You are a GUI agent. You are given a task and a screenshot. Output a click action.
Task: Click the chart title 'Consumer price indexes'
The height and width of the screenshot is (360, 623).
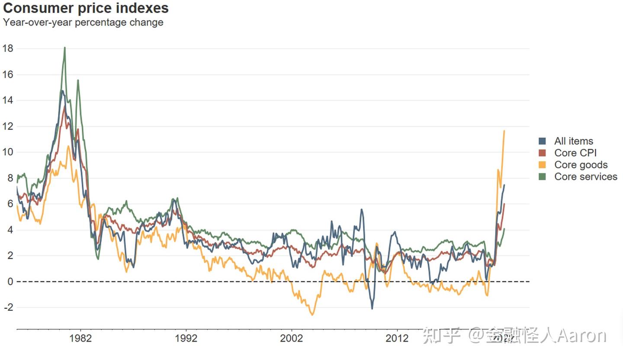(86, 8)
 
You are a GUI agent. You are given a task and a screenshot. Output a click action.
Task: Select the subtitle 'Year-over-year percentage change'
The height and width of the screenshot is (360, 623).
(83, 22)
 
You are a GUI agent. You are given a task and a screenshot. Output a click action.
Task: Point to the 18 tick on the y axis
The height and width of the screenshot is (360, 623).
(8, 48)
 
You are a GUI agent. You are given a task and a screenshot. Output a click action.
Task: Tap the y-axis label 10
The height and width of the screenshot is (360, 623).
(8, 152)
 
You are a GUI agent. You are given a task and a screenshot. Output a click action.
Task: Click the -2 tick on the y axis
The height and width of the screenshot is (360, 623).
(9, 307)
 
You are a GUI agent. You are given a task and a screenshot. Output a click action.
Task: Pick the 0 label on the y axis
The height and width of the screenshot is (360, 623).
(10, 282)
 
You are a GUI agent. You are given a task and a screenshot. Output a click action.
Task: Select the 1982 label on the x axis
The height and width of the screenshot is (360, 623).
(80, 338)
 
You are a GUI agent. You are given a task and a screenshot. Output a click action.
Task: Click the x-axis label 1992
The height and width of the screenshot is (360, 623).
(186, 338)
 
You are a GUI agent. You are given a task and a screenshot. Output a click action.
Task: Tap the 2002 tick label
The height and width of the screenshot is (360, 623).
(292, 338)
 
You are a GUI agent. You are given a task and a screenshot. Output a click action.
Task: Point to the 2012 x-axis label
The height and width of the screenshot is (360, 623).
(397, 338)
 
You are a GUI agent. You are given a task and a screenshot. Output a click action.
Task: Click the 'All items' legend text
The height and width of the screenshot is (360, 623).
(573, 141)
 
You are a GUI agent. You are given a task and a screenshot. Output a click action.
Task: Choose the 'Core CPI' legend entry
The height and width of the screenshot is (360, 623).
(575, 153)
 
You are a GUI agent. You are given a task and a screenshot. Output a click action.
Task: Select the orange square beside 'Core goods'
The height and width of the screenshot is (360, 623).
(542, 165)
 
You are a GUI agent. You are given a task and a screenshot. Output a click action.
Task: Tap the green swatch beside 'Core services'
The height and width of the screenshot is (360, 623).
(542, 177)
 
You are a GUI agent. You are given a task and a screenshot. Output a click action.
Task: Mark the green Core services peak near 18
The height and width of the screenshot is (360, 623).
(64, 48)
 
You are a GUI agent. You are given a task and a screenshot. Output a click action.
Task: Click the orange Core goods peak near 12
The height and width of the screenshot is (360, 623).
(504, 131)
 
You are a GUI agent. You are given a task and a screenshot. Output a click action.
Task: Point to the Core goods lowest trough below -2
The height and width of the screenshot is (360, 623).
(312, 315)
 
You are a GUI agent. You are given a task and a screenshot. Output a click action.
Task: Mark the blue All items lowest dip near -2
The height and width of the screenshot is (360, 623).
(372, 308)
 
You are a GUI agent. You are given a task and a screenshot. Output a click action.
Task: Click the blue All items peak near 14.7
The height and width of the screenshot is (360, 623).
(62, 91)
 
